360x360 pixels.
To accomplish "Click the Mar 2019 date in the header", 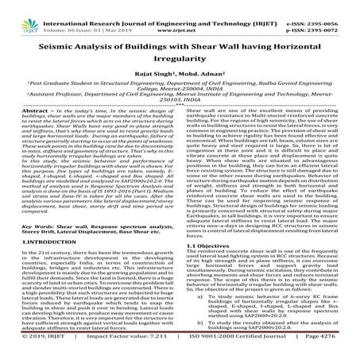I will [x=125, y=17].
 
